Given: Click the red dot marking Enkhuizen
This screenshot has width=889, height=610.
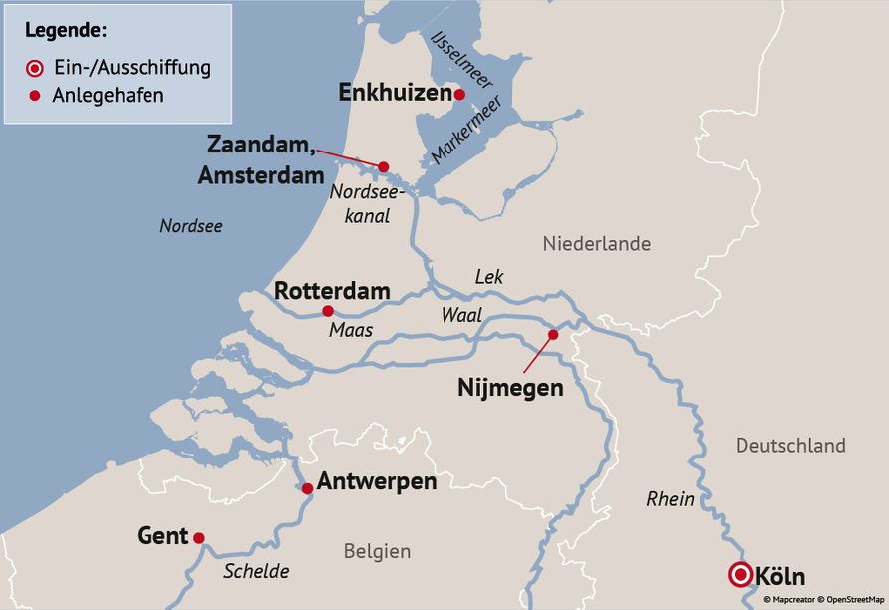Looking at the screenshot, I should pos(459,95).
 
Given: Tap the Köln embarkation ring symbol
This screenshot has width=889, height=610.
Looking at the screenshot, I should pos(741,575).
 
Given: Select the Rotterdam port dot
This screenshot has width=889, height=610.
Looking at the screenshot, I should pos(328,311).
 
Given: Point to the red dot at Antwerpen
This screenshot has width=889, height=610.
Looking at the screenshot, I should pos(308,488).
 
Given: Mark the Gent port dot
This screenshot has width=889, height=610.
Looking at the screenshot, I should pos(199,538).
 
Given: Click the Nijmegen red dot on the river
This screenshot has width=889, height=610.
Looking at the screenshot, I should pos(553,335).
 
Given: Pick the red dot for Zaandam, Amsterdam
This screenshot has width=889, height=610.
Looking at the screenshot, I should pos(383,167).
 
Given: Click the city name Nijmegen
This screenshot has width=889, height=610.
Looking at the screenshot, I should pos(510,388).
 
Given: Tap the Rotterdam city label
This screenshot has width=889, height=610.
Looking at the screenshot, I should pos(332,291).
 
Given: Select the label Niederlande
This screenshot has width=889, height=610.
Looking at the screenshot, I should pos(597,244).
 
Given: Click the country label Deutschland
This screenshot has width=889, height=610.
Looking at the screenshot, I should pos(790,446).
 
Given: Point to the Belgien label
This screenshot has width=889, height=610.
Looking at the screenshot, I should pos(377,551).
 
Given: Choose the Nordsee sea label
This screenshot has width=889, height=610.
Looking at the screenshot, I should pos(191,226).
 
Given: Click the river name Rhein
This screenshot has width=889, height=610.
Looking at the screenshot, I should pos(670,498).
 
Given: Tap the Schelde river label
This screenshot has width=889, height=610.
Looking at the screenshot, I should pos(256,571).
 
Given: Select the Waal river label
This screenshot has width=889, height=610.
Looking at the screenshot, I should pos(461,315).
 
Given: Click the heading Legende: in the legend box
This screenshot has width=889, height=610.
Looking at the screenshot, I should pos(66,28).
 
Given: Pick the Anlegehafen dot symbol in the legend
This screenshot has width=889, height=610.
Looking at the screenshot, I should pos(34,96).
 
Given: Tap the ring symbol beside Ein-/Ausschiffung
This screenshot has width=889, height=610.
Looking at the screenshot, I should pos(34,68).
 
